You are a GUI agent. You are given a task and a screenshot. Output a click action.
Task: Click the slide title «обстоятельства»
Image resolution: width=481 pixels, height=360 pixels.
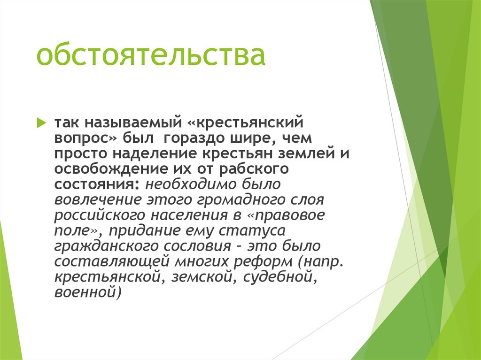[151, 55]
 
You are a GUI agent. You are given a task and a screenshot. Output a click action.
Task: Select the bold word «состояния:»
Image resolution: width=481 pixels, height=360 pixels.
[96, 184]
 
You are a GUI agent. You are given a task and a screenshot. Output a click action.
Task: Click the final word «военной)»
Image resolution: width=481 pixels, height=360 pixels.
[88, 293]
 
